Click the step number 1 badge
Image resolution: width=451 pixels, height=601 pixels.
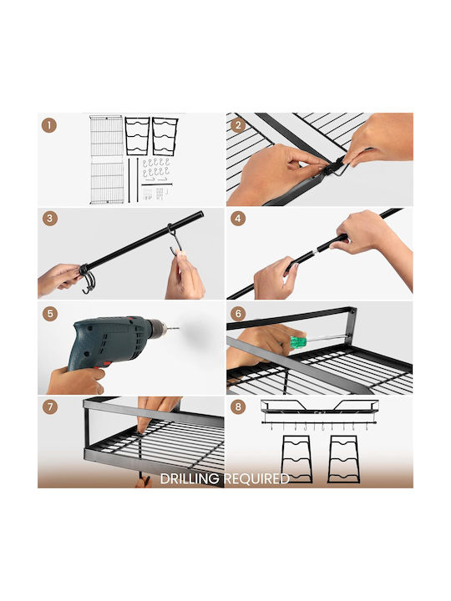point(49,125)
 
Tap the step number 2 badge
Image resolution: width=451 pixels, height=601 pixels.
point(238,125)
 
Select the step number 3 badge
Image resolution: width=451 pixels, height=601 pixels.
point(50,219)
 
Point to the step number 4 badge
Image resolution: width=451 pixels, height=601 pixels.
point(238,219)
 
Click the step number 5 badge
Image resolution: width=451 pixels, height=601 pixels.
point(50,314)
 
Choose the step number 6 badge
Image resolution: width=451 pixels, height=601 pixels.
point(238,314)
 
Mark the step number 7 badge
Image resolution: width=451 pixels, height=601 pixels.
point(50,407)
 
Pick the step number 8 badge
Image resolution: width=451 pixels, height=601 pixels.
point(238,407)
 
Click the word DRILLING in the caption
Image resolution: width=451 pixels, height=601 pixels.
point(190,479)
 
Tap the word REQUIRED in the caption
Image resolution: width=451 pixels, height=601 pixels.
point(256,479)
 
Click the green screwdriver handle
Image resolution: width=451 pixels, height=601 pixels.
point(298,341)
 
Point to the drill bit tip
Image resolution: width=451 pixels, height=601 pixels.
point(179,328)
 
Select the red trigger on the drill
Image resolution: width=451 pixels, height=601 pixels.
point(102,364)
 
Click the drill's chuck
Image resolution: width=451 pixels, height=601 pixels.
point(157,329)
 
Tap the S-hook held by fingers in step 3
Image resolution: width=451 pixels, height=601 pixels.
point(175,240)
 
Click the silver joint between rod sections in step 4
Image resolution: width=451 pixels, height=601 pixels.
point(315,251)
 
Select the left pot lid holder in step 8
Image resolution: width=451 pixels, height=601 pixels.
point(296,459)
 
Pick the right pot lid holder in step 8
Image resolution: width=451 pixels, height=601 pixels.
point(343,459)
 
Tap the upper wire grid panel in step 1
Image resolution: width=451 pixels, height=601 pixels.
point(106,136)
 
